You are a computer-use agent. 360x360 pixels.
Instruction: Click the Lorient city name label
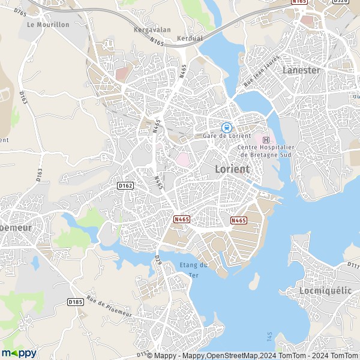coord(232,169)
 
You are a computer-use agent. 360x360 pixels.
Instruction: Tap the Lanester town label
coord(301,70)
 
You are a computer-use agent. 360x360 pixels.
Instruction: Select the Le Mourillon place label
coord(49,25)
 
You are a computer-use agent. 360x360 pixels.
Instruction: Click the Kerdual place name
coord(190,38)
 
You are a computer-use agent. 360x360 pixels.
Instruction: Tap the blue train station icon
coord(227,127)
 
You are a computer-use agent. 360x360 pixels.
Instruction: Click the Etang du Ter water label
coord(194,269)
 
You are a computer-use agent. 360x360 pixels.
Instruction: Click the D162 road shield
coord(125,186)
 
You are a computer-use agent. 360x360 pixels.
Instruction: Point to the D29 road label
coord(159,260)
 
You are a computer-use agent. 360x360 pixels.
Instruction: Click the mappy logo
coord(19,353)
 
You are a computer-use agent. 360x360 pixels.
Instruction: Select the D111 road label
coord(353,264)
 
